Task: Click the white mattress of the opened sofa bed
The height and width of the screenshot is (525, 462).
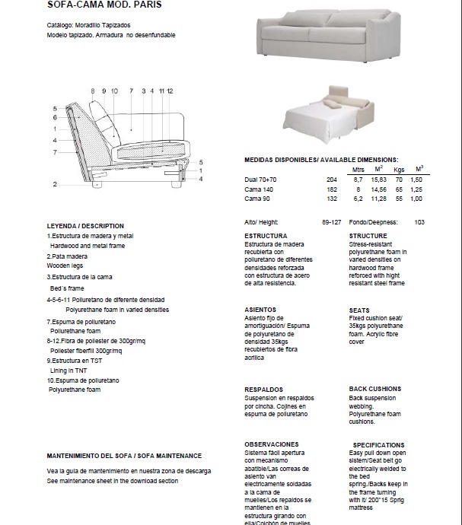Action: [316, 121]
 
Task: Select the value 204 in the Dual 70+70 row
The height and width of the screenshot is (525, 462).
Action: [331, 179]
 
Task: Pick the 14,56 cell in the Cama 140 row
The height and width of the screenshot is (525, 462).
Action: [378, 189]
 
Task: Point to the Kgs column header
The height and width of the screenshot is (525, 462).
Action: [399, 169]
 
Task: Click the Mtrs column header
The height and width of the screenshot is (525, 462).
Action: [358, 169]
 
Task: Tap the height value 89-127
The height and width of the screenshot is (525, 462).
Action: [330, 222]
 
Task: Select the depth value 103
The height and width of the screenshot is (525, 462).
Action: [419, 222]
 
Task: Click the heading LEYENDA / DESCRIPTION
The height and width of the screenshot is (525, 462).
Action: [85, 226]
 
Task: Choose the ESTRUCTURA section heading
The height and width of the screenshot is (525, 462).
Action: [265, 237]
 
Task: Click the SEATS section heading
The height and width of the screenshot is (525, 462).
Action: [359, 310]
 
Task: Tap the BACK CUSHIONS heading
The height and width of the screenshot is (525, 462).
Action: [374, 389]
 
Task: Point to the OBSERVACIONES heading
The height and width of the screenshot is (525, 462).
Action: [271, 444]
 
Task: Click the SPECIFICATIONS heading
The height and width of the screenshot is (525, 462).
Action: [378, 445]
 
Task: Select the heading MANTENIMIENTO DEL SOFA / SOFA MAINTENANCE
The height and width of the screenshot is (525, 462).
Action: [124, 456]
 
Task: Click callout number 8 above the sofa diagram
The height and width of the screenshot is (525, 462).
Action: [93, 91]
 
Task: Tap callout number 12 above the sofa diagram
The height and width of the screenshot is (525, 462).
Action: [170, 91]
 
